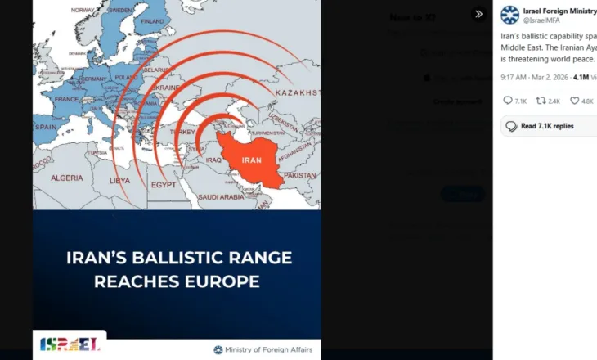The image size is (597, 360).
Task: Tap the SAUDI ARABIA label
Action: [x=221, y=197]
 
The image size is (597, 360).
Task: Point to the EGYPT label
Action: [x=163, y=185]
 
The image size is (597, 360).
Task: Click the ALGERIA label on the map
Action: [x=67, y=178]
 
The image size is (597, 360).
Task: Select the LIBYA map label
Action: [x=119, y=180]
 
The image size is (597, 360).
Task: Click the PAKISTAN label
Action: [x=300, y=175]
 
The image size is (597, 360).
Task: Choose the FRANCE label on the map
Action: [x=68, y=98]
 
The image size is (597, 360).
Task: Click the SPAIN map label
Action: [x=47, y=128]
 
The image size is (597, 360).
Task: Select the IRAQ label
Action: [x=213, y=160]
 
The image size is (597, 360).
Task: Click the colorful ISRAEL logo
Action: [x=70, y=344]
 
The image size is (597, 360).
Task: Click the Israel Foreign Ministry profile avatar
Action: [x=509, y=15]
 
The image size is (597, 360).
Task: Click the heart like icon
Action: [x=574, y=101]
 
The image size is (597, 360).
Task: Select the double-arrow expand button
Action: [x=478, y=14]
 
